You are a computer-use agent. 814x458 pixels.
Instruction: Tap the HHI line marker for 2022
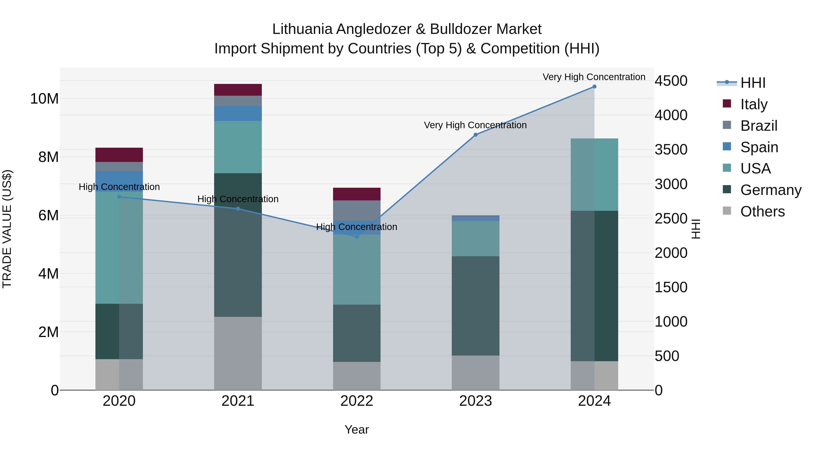click(x=357, y=236)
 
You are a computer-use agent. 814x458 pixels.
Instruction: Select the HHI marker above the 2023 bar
click(x=476, y=135)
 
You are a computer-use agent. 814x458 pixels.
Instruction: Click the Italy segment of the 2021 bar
click(x=238, y=90)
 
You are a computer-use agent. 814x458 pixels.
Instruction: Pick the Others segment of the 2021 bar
click(x=238, y=353)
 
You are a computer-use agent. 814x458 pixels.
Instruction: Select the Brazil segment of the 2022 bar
click(x=357, y=211)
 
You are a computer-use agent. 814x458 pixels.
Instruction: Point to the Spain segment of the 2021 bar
click(x=238, y=114)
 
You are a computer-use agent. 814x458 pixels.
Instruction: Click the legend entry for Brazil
click(x=758, y=126)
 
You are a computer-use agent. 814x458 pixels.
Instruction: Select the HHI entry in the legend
click(x=753, y=83)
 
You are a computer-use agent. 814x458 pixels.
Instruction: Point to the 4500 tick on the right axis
click(x=671, y=81)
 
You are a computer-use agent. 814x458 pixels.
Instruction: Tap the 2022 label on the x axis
click(x=357, y=401)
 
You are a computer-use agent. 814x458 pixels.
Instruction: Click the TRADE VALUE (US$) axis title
click(x=7, y=229)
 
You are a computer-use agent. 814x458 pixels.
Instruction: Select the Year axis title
click(x=357, y=430)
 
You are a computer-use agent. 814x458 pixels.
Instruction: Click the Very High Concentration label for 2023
click(x=475, y=125)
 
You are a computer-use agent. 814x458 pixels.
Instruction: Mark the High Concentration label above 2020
click(x=119, y=187)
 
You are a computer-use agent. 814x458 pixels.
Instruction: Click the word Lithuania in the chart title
click(x=302, y=29)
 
